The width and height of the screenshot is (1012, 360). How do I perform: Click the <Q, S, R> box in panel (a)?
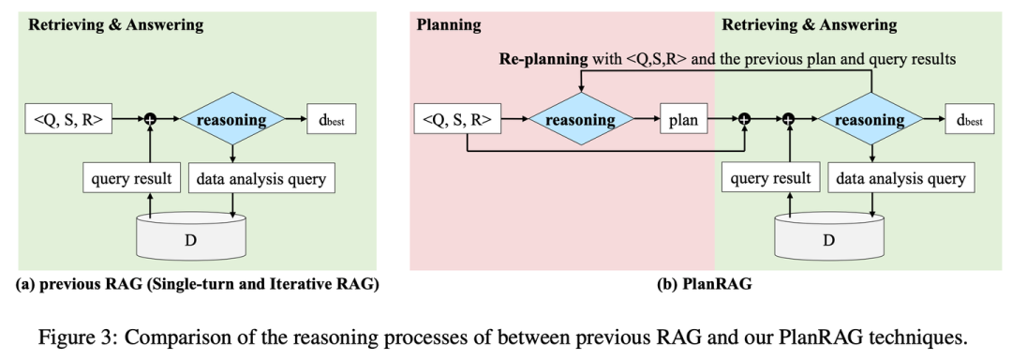click(66, 120)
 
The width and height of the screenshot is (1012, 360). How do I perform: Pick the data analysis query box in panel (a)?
click(261, 175)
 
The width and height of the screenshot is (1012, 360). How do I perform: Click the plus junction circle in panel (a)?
click(147, 121)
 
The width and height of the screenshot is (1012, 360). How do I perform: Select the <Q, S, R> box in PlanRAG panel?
click(455, 120)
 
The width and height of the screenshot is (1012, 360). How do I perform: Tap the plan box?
click(682, 120)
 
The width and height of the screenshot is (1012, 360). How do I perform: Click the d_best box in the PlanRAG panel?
click(972, 120)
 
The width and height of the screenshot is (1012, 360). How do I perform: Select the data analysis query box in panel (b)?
click(902, 175)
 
